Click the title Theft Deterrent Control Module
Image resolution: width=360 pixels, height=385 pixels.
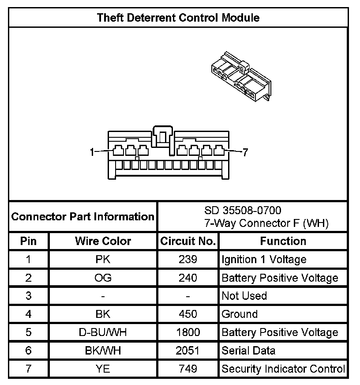point(178,18)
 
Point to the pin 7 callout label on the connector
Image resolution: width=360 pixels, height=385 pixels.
point(246,152)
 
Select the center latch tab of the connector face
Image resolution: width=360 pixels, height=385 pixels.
point(163,137)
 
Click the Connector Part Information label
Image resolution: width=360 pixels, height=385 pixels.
point(83,216)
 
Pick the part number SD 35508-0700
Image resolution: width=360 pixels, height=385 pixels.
point(243,210)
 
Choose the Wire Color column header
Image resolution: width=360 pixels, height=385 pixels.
point(103,241)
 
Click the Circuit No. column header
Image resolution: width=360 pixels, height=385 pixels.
point(188,241)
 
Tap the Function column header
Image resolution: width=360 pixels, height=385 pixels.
point(283,241)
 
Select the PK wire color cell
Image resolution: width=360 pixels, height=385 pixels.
point(103,259)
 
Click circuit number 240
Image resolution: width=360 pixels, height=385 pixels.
point(188,278)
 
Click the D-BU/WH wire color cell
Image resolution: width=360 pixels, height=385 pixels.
point(103,332)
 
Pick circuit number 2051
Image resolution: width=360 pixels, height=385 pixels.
point(188,351)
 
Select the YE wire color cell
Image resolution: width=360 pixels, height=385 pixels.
point(103,369)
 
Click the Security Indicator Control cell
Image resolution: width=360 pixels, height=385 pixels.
point(283,369)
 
